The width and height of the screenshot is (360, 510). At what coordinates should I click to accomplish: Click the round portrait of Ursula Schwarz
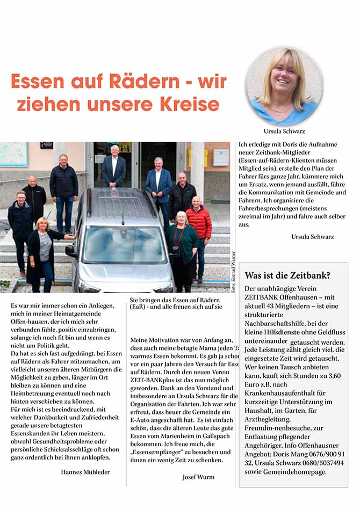click(284, 86)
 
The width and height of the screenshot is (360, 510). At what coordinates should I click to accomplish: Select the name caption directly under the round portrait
click(284, 131)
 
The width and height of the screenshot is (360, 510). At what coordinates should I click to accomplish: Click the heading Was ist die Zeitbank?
click(287, 275)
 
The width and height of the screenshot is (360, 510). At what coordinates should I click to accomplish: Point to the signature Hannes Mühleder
click(85, 471)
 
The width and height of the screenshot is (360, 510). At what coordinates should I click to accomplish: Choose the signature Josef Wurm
click(198, 477)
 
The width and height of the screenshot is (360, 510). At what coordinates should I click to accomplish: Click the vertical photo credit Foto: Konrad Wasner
click(234, 272)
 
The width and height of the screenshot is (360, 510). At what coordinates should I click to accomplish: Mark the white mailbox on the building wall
click(220, 157)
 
